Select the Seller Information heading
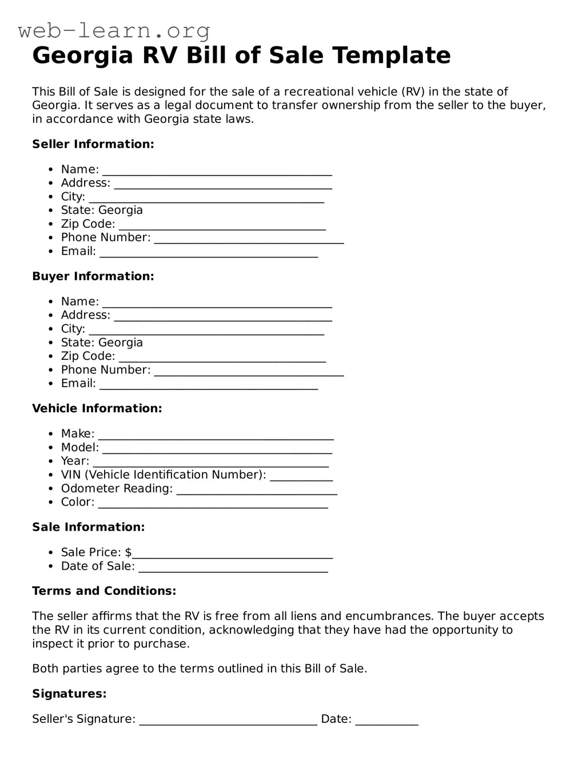(x=93, y=144)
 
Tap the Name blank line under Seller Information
(x=217, y=172)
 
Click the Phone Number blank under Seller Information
(x=249, y=240)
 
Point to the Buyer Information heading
(x=93, y=276)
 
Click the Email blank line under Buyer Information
(x=209, y=386)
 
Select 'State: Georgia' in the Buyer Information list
(x=102, y=343)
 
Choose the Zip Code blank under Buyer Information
(x=222, y=359)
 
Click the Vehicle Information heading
(x=97, y=408)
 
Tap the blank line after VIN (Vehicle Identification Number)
(x=301, y=477)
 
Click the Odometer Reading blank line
(x=257, y=491)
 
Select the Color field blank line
(x=213, y=504)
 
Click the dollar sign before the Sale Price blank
(x=128, y=553)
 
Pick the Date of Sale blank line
(x=233, y=569)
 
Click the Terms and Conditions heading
(x=104, y=591)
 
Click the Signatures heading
(x=69, y=694)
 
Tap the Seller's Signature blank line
(x=228, y=721)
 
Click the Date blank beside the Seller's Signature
(x=387, y=721)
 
